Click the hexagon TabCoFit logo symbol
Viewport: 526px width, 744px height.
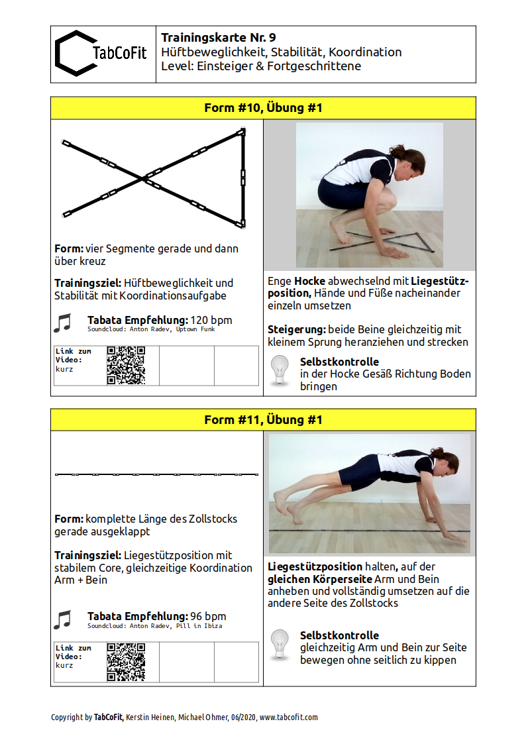[x=73, y=53]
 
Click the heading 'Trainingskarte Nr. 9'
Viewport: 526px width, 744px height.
[x=218, y=38]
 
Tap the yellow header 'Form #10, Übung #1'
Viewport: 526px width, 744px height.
[x=263, y=108]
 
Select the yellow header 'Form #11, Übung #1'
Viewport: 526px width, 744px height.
[x=263, y=420]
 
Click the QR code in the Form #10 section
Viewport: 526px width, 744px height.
[x=126, y=365]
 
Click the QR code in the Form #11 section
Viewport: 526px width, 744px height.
[x=126, y=662]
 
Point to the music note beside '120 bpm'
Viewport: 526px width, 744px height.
[x=62, y=323]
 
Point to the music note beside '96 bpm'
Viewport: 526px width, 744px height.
[x=62, y=619]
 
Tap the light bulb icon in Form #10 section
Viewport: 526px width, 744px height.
[x=281, y=371]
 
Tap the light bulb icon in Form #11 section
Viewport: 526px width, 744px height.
[x=281, y=645]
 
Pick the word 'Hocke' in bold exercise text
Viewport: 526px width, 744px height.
[x=309, y=281]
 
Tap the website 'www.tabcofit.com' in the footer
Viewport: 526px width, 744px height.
[x=288, y=717]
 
